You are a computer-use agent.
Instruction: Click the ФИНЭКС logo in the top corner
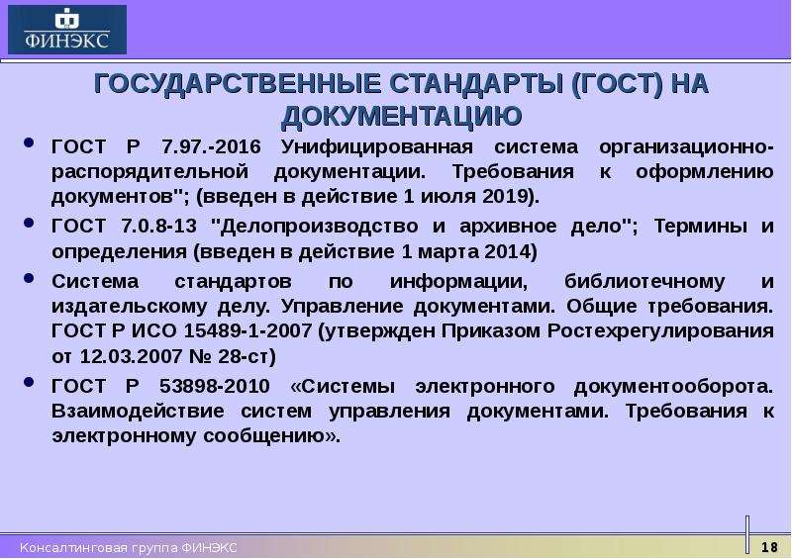(x=67, y=30)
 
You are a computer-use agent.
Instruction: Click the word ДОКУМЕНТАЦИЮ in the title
(x=402, y=116)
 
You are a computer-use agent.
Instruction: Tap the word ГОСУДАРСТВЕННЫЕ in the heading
(x=238, y=83)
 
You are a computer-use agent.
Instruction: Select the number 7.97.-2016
(x=211, y=147)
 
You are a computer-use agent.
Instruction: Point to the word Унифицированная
(x=377, y=147)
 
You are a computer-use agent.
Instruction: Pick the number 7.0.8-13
(x=158, y=226)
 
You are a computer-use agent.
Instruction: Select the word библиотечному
(x=644, y=281)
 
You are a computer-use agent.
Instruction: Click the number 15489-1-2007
(x=247, y=331)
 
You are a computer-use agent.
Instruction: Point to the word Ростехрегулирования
(x=660, y=331)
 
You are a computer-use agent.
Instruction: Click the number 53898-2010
(x=215, y=386)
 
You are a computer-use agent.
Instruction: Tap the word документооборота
(x=673, y=387)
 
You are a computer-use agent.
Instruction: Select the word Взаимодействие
(x=138, y=412)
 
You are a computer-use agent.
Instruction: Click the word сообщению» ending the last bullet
(x=271, y=436)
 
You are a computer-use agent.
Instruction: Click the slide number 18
(x=769, y=547)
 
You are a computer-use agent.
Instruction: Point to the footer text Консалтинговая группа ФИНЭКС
(x=129, y=548)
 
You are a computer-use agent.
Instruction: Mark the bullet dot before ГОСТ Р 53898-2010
(x=29, y=382)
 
